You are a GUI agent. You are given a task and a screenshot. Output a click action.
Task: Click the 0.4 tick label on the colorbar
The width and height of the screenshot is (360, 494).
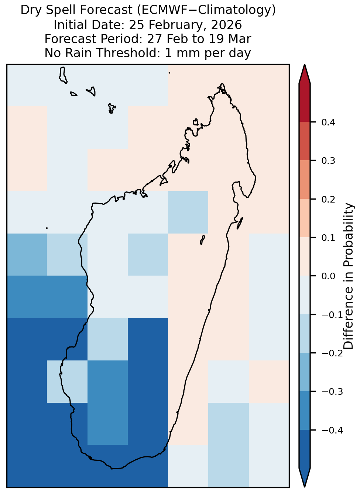click(328, 122)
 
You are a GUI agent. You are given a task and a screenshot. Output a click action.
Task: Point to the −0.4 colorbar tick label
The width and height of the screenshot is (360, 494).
click(332, 430)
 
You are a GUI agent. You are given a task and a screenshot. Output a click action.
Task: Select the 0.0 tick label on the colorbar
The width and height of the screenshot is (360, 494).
click(328, 276)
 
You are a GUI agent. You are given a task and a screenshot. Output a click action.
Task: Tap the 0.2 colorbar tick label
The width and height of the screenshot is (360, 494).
click(328, 199)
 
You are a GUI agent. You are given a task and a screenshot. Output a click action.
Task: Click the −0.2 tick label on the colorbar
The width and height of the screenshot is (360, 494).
click(332, 353)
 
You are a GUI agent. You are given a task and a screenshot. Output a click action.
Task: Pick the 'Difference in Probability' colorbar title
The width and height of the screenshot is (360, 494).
click(349, 276)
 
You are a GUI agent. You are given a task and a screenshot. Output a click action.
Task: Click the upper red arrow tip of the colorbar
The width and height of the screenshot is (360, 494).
click(305, 65)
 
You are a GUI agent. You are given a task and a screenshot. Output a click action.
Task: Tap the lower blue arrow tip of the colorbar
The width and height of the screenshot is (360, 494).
click(305, 487)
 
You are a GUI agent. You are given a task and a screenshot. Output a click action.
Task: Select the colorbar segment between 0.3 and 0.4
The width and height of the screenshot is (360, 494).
click(305, 141)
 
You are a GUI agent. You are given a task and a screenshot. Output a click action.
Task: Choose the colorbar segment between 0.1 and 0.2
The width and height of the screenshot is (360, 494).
click(305, 218)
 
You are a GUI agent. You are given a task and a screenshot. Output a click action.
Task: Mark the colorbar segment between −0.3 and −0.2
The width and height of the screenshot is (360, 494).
click(305, 372)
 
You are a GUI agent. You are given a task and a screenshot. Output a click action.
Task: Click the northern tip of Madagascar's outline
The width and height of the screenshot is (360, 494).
click(222, 84)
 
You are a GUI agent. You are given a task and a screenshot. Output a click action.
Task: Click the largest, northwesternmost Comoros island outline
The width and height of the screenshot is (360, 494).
click(63, 75)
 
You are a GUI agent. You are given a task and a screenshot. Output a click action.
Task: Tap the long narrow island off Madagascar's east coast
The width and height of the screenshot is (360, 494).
click(240, 223)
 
